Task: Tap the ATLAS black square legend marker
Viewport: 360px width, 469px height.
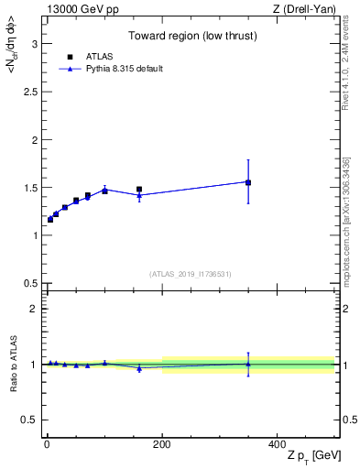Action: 70,57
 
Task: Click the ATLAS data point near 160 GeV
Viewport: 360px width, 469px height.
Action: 139,190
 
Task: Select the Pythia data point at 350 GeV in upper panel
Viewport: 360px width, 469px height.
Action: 248,181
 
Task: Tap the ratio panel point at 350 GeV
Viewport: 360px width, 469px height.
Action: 248,364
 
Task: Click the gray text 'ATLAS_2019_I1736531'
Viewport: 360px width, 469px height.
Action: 191,274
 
